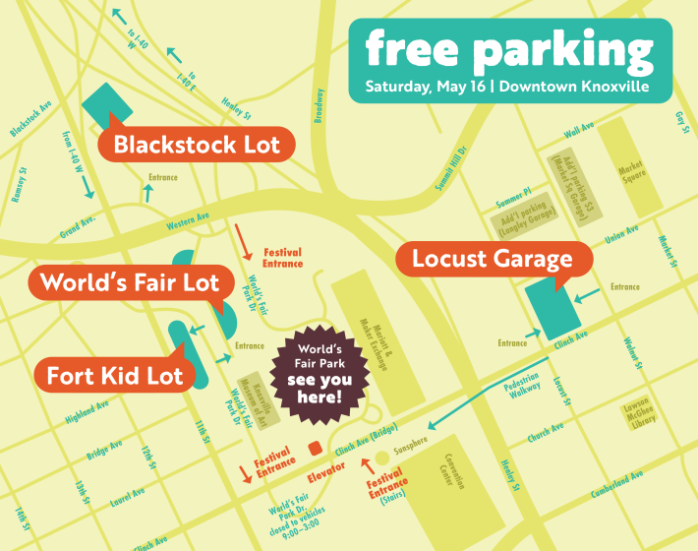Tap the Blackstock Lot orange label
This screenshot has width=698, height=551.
point(197,146)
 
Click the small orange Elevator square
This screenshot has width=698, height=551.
point(315,449)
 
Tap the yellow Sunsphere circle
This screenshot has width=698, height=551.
point(382,458)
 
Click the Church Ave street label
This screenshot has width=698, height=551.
point(546,431)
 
